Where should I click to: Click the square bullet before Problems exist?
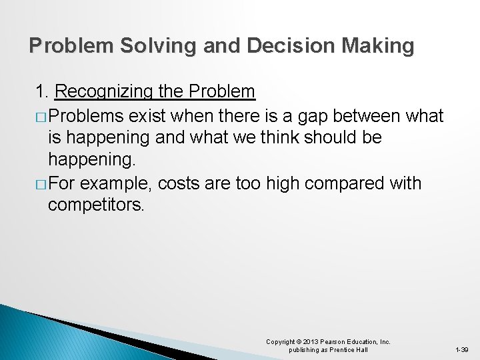(40, 117)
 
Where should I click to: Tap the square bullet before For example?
(40, 183)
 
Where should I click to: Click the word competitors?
(95, 205)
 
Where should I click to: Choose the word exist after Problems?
(147, 116)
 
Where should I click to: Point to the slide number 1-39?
(461, 350)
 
